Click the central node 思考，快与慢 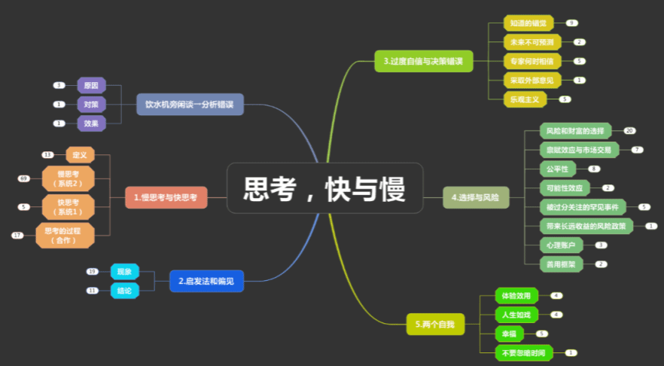(324, 188)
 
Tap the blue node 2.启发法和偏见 (206, 281)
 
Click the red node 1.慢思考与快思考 (166, 197)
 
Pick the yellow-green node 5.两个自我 (435, 325)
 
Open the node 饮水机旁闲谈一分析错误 (190, 104)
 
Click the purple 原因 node (91, 86)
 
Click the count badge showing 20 (629, 131)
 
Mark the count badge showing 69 (24, 178)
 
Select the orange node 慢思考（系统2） (69, 178)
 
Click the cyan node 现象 (124, 271)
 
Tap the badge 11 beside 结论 (93, 290)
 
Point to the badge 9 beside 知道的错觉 (572, 23)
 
